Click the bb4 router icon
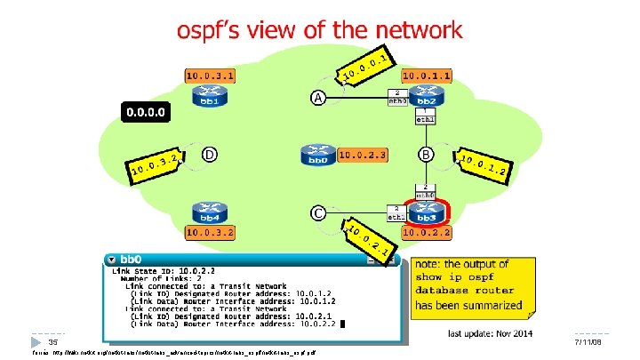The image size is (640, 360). click(x=210, y=213)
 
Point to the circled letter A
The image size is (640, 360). click(x=316, y=97)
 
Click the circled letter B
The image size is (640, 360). click(x=427, y=156)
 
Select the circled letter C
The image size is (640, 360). click(x=316, y=213)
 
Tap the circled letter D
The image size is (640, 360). click(x=210, y=156)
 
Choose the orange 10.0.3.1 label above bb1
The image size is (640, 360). click(x=211, y=76)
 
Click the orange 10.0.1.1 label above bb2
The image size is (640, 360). click(x=428, y=76)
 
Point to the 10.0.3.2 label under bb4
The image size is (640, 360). click(x=211, y=234)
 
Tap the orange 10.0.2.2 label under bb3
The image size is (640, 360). click(x=428, y=234)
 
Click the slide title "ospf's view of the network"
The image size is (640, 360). click(x=320, y=30)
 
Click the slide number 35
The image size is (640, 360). click(x=52, y=341)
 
